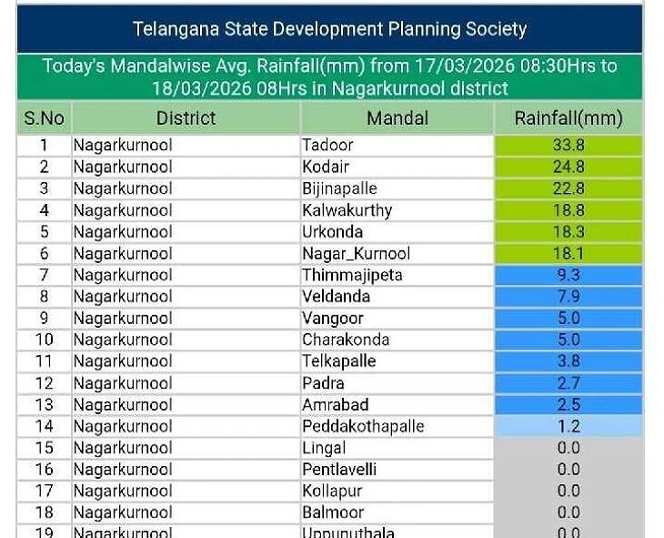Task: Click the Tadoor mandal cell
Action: pyautogui.click(x=327, y=145)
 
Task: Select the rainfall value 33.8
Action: pyautogui.click(x=568, y=145)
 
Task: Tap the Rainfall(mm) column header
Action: pyautogui.click(x=568, y=118)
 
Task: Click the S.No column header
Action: pyautogui.click(x=44, y=118)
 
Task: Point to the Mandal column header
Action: pyautogui.click(x=397, y=118)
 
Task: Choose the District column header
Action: pyautogui.click(x=186, y=118)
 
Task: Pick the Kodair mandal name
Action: pyautogui.click(x=326, y=167)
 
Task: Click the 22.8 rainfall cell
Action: pyautogui.click(x=568, y=188)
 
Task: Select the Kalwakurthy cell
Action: pyautogui.click(x=347, y=210)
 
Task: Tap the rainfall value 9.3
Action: pyautogui.click(x=568, y=275)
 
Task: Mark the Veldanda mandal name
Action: pyautogui.click(x=336, y=297)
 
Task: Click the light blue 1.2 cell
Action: pyautogui.click(x=568, y=426)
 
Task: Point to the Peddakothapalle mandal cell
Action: pyautogui.click(x=363, y=426)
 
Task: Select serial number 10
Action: pyautogui.click(x=44, y=340)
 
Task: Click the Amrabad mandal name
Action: pyautogui.click(x=335, y=404)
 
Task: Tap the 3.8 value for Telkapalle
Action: pyautogui.click(x=568, y=361)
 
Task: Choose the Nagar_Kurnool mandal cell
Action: pyautogui.click(x=356, y=254)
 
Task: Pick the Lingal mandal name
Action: pyautogui.click(x=324, y=448)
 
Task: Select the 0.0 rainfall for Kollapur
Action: pyautogui.click(x=568, y=491)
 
